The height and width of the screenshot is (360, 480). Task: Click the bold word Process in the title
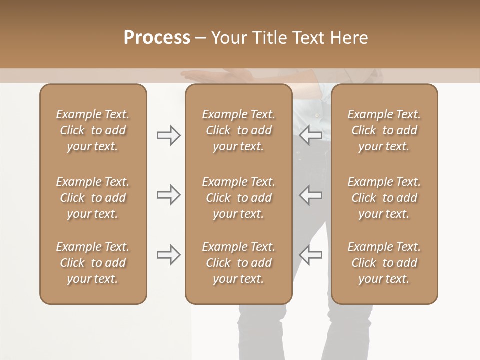(157, 38)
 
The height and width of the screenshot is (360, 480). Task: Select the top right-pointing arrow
(168, 135)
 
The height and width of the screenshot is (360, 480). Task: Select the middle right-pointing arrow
(168, 195)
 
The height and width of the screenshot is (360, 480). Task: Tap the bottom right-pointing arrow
(168, 255)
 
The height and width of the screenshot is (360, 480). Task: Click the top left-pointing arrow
(310, 135)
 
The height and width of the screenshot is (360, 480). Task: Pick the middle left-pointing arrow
(310, 195)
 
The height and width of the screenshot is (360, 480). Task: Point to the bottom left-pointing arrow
(310, 255)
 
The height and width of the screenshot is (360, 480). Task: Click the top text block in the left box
(93, 130)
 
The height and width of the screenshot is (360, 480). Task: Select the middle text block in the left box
(93, 198)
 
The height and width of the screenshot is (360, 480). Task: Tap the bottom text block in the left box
(93, 263)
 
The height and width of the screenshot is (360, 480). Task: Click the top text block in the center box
(238, 130)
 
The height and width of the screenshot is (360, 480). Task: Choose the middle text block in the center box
(238, 198)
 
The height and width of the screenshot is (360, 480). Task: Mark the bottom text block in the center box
(238, 263)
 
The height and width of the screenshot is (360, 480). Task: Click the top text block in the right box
(384, 130)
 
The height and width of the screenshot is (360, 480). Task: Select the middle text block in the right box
(384, 198)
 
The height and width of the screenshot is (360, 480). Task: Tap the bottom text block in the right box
(384, 263)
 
